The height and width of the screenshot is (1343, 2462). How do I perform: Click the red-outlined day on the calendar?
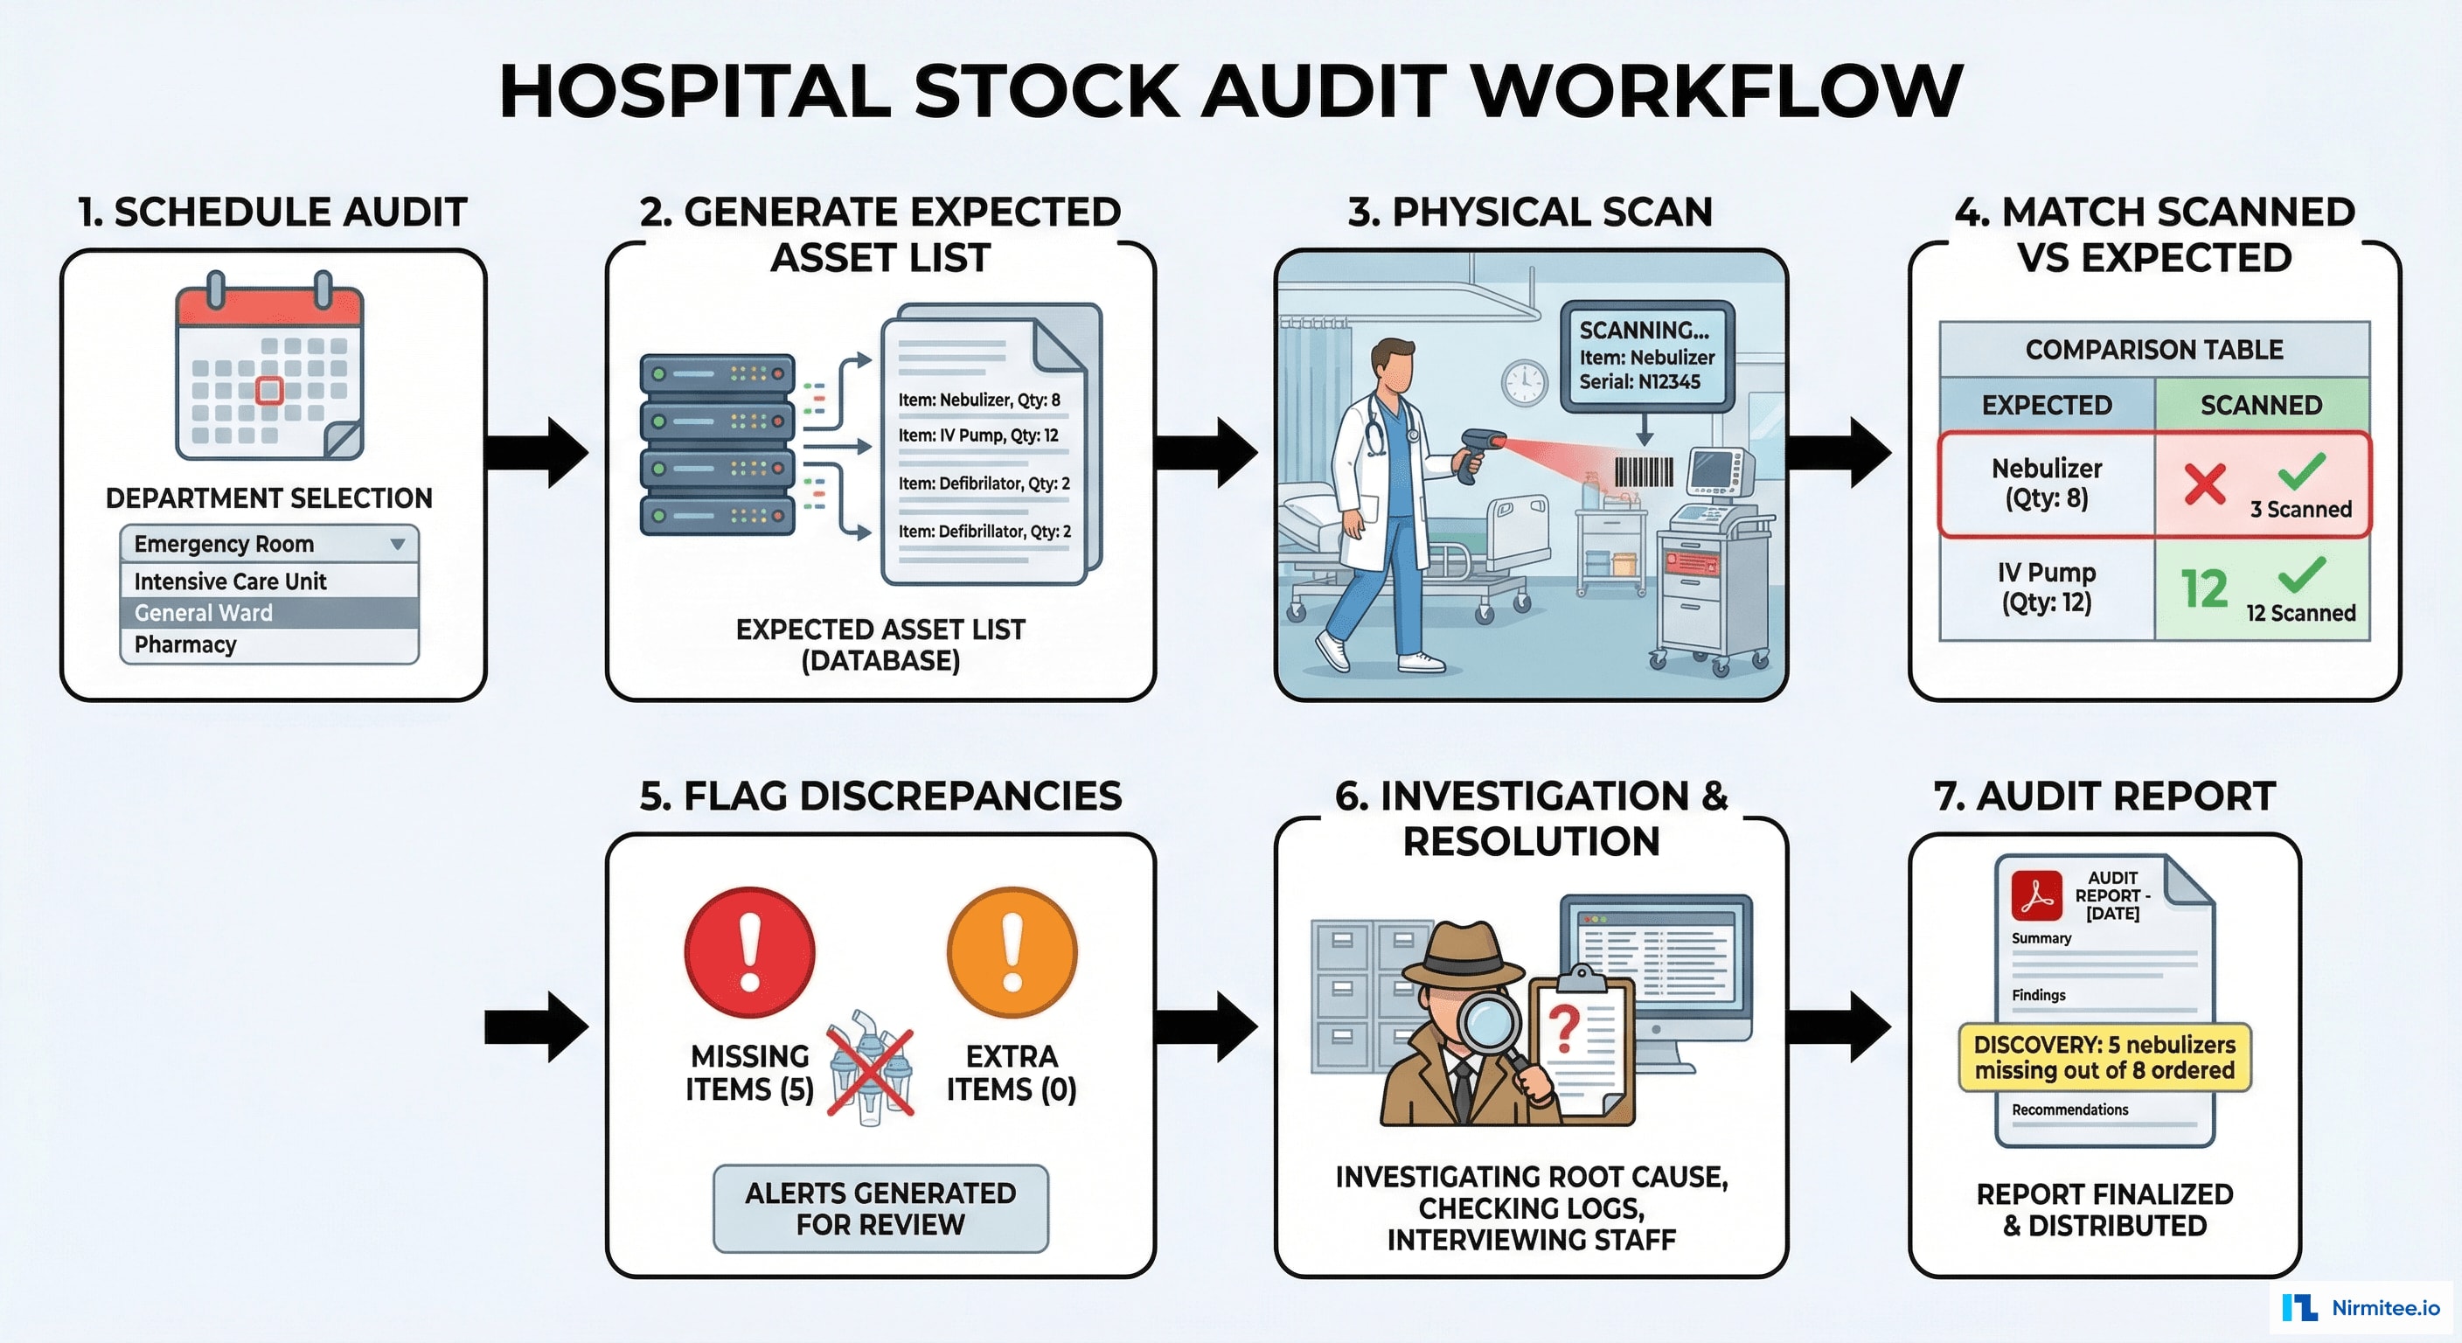click(x=269, y=390)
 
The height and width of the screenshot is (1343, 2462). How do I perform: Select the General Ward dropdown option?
click(x=269, y=613)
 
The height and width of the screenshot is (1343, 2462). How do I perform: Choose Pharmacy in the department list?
click(x=269, y=644)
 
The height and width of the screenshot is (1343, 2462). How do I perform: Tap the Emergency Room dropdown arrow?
click(x=398, y=544)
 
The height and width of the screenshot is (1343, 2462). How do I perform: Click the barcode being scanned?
click(x=1644, y=471)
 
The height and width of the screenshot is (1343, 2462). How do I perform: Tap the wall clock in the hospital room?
click(x=1524, y=383)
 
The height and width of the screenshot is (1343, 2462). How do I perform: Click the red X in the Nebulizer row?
click(x=2205, y=484)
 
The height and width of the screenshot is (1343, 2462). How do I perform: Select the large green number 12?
click(x=2204, y=588)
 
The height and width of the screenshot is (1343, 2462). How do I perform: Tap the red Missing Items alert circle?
click(x=749, y=953)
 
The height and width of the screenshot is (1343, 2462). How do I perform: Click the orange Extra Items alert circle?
click(x=1012, y=953)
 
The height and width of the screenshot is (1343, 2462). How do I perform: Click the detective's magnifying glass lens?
click(x=1489, y=1027)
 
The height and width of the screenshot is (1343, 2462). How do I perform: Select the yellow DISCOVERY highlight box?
click(x=2104, y=1057)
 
